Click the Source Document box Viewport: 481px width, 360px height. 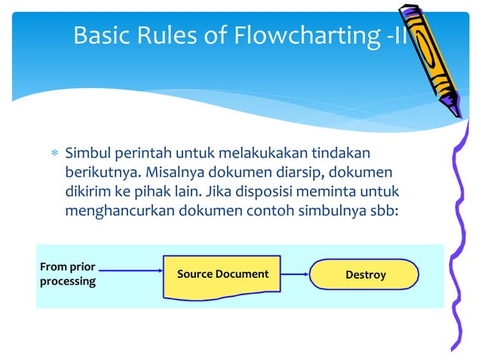point(222,274)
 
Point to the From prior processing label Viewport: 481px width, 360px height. point(68,274)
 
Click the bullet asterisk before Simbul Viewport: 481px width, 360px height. point(53,154)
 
